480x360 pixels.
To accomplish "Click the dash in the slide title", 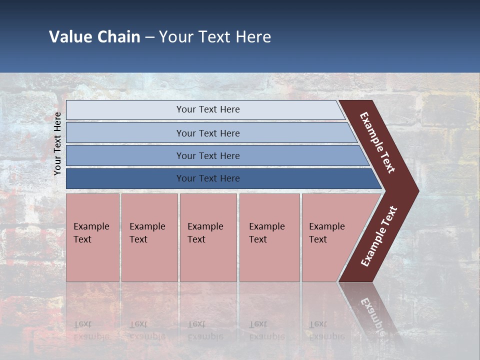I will click(149, 37).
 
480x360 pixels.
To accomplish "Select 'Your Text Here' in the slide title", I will click(215, 37).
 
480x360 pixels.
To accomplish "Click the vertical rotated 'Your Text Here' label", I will click(57, 143).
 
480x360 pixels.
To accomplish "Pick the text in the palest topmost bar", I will click(208, 109).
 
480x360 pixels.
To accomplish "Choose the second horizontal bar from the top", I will click(208, 133).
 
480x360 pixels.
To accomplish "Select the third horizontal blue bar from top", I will click(208, 155).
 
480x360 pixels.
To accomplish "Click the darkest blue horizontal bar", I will click(208, 178).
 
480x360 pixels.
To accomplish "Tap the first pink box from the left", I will click(92, 237).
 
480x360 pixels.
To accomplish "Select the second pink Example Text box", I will click(149, 237).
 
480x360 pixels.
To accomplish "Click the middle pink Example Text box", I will click(208, 237).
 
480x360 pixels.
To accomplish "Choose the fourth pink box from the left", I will click(269, 237).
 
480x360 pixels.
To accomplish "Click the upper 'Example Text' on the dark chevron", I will click(377, 142).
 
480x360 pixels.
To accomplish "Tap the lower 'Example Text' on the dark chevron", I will click(379, 236).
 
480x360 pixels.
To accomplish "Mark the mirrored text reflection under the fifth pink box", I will click(326, 330).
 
